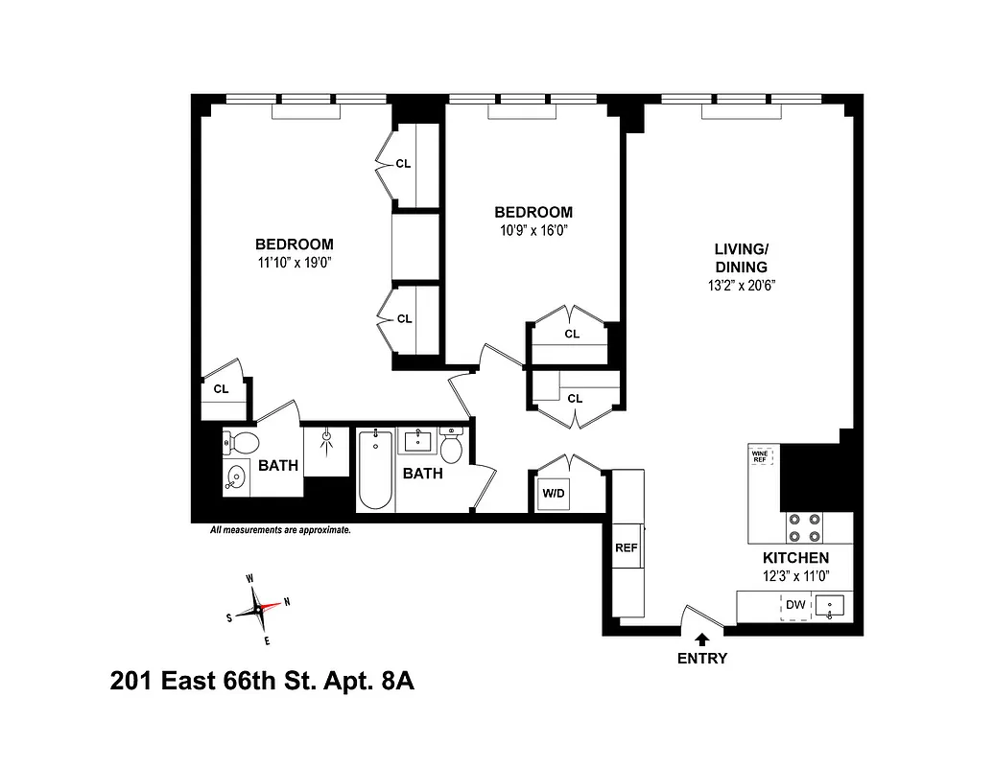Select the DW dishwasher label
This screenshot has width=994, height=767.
[x=794, y=605]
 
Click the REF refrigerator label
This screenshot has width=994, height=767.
[x=626, y=548]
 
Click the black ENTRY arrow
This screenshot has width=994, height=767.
[x=701, y=639]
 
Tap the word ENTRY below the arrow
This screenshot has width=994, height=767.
[x=701, y=659]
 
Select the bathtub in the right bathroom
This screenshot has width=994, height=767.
[x=375, y=470]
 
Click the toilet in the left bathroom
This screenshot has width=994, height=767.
[x=241, y=444]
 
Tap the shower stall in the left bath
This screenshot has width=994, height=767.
[x=326, y=450]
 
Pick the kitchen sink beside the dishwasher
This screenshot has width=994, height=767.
[x=830, y=606]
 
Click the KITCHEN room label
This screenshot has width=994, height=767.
[x=795, y=558]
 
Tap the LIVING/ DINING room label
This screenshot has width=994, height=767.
[x=740, y=258]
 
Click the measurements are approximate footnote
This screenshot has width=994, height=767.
[x=280, y=529]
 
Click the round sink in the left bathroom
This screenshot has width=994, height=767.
[x=234, y=476]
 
